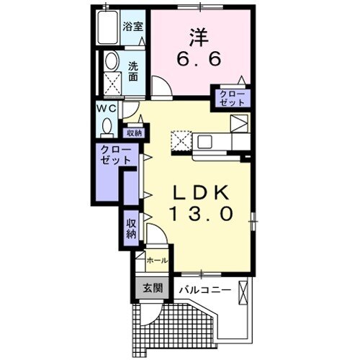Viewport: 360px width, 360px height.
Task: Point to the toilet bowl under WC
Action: pyautogui.click(x=107, y=127)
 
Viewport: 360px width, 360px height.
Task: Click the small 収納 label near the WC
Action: pyautogui.click(x=134, y=133)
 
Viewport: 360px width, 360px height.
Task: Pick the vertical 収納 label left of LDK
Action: pyautogui.click(x=132, y=229)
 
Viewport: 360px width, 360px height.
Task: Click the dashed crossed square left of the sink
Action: pyautogui.click(x=180, y=140)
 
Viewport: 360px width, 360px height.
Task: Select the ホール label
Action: pyautogui.click(x=157, y=261)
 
